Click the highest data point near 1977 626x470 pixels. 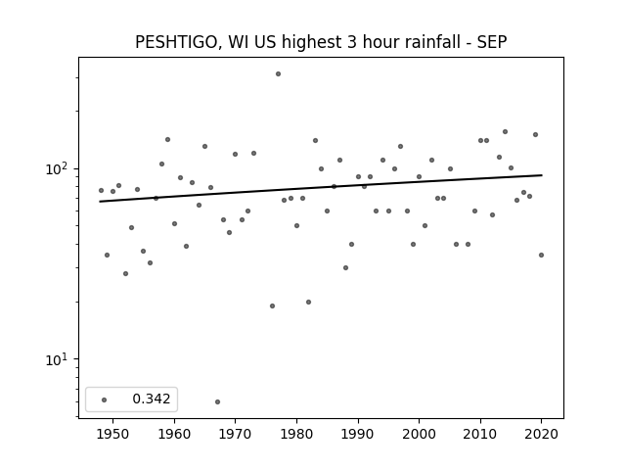click(x=278, y=74)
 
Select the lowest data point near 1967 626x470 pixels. click(x=217, y=401)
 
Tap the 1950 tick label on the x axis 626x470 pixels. click(x=113, y=434)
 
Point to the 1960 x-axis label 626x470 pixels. click(x=174, y=434)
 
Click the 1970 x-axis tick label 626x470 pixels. click(x=236, y=434)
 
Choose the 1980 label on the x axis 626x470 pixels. click(x=296, y=434)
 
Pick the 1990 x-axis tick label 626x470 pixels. click(x=358, y=434)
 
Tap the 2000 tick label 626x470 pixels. click(x=420, y=434)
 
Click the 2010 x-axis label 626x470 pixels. click(x=480, y=434)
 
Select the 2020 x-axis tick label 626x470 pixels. click(x=541, y=434)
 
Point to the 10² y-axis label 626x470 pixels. click(x=57, y=167)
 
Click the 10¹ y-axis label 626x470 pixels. click(x=57, y=359)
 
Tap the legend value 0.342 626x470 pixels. click(x=152, y=399)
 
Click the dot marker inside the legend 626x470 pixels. click(x=105, y=399)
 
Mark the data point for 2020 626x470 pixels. click(x=541, y=255)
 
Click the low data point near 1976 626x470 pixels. click(x=272, y=306)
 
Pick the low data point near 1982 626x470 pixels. click(x=309, y=303)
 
